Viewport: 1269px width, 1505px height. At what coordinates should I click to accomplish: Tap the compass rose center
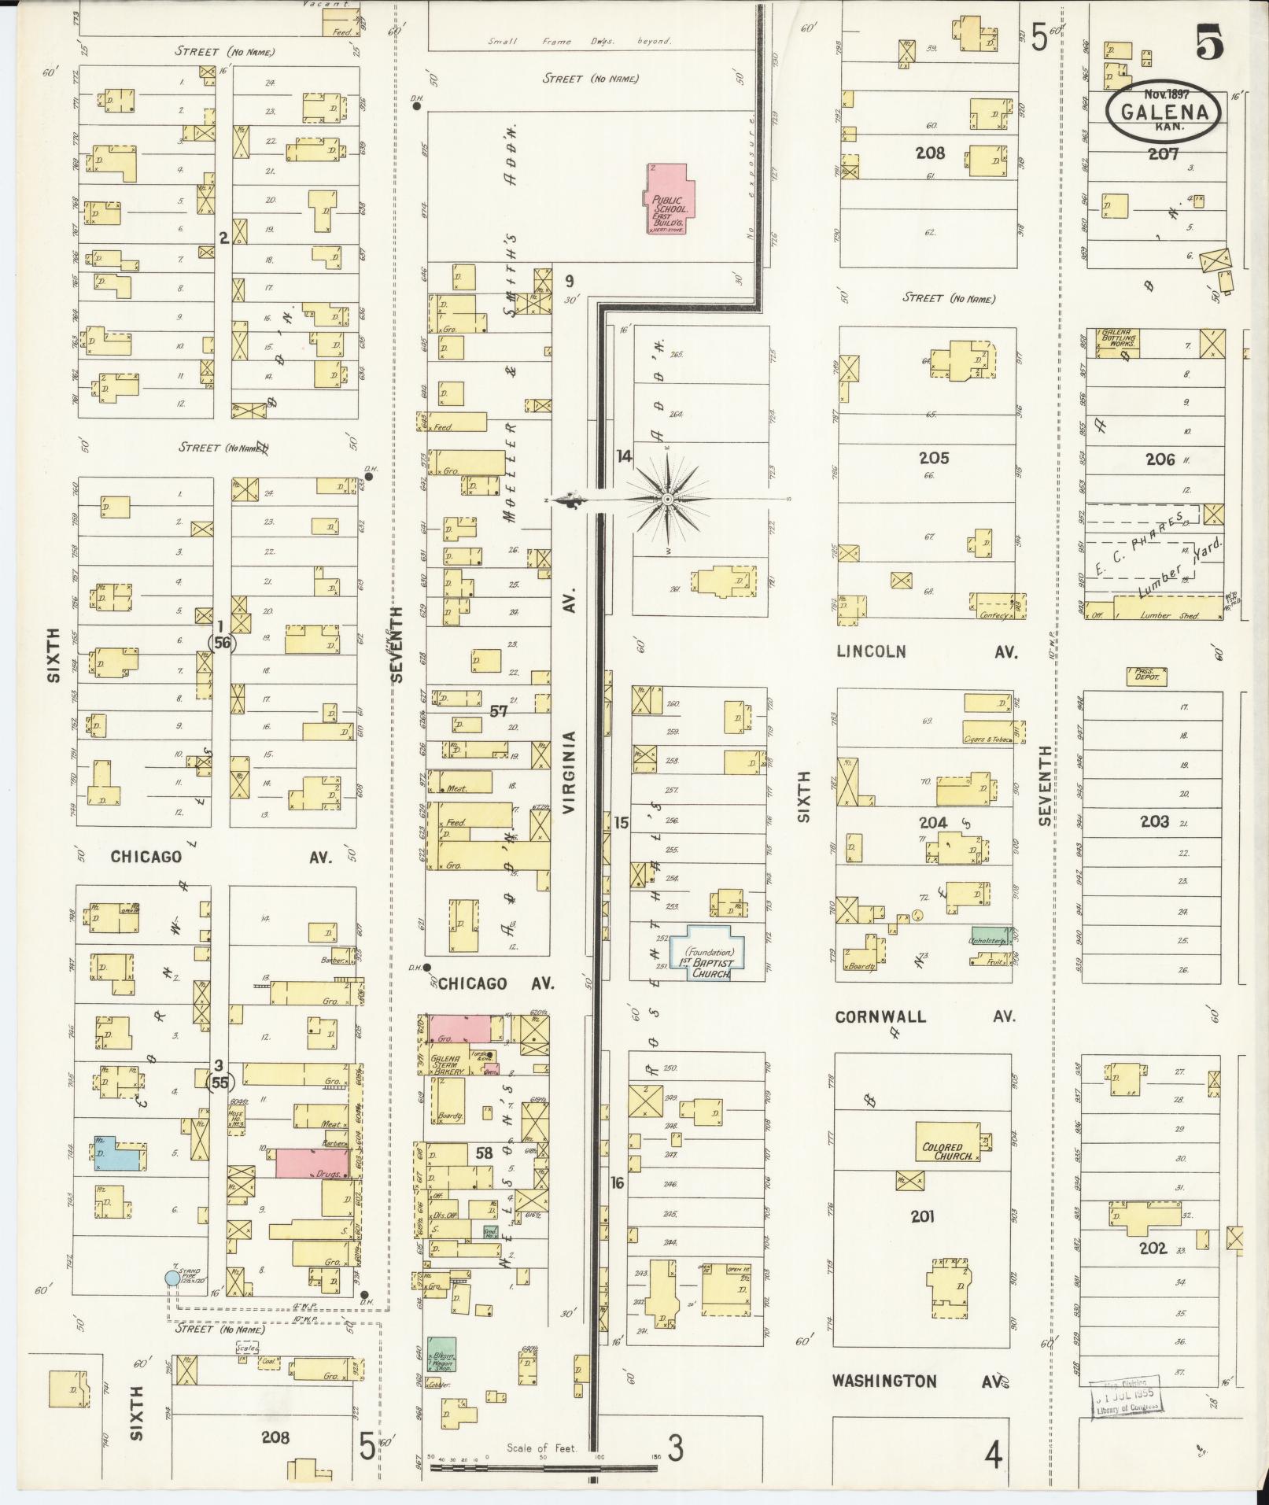click(x=667, y=499)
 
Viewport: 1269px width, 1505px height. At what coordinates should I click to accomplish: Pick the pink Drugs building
click(x=312, y=1164)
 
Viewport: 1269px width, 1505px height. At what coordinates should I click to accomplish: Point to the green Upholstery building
click(x=989, y=936)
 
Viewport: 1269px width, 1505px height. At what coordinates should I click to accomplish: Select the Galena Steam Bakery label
click(x=446, y=1064)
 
